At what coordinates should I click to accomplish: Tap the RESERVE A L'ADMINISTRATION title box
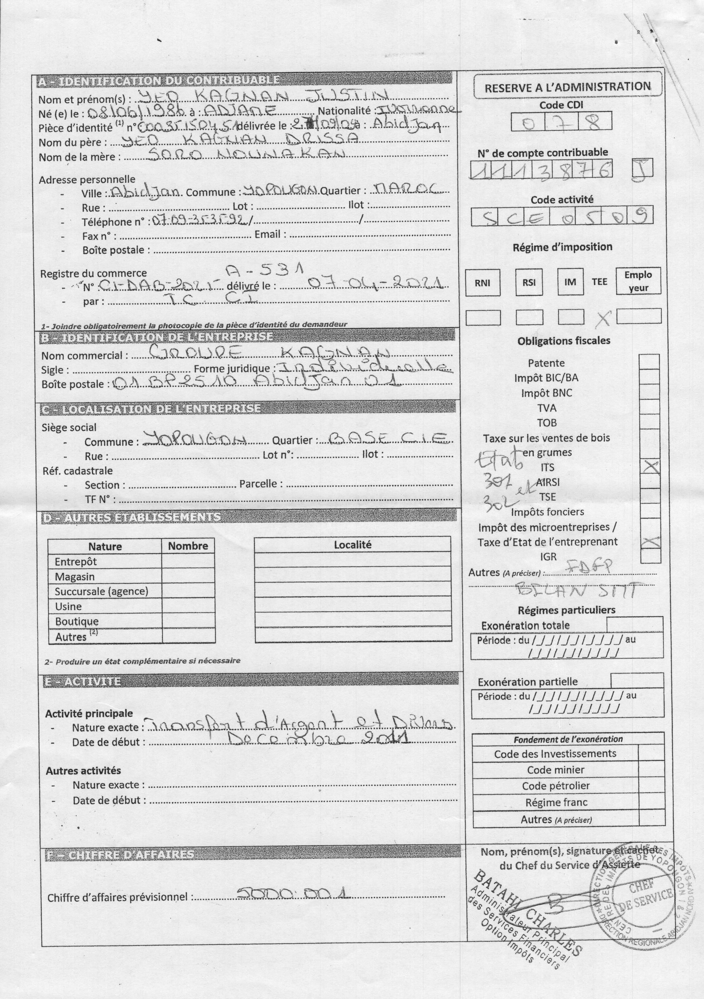coord(567,86)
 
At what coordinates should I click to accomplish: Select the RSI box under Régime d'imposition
coord(528,283)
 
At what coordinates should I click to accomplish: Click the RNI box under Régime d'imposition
coord(482,283)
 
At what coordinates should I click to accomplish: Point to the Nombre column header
coord(188,546)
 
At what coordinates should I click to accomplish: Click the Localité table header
coord(352,544)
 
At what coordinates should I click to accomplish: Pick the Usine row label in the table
coord(68,606)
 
